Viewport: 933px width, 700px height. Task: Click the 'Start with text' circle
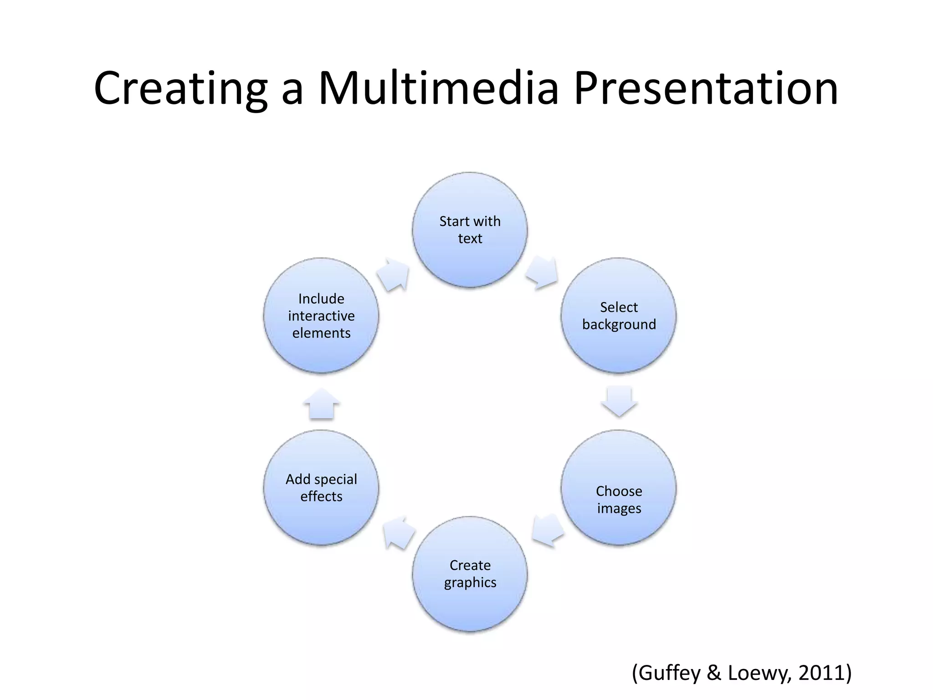tap(470, 230)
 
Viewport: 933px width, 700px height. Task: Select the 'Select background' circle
tap(618, 315)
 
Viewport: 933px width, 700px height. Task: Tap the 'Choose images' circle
tap(618, 488)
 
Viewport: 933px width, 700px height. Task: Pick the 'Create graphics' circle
tap(470, 574)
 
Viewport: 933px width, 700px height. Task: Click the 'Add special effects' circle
tap(321, 488)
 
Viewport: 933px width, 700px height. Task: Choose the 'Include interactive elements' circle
tap(321, 315)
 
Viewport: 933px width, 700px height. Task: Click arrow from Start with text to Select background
tap(542, 273)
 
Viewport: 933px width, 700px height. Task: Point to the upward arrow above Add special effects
tap(322, 403)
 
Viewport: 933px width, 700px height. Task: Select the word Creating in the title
tap(180, 89)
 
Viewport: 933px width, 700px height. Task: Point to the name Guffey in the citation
tap(670, 673)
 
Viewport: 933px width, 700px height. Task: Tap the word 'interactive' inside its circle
tap(321, 316)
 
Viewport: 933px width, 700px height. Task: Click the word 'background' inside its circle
tap(619, 324)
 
